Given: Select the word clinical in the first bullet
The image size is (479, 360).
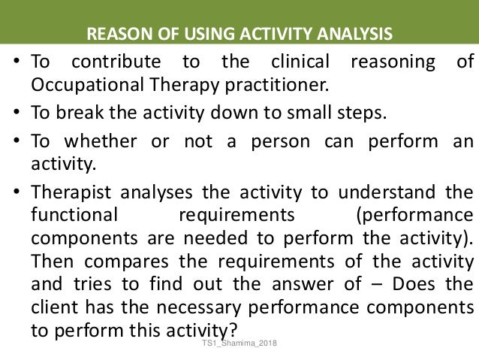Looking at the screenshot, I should click(295, 62).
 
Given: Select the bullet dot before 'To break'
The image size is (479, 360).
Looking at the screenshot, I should click(16, 114).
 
